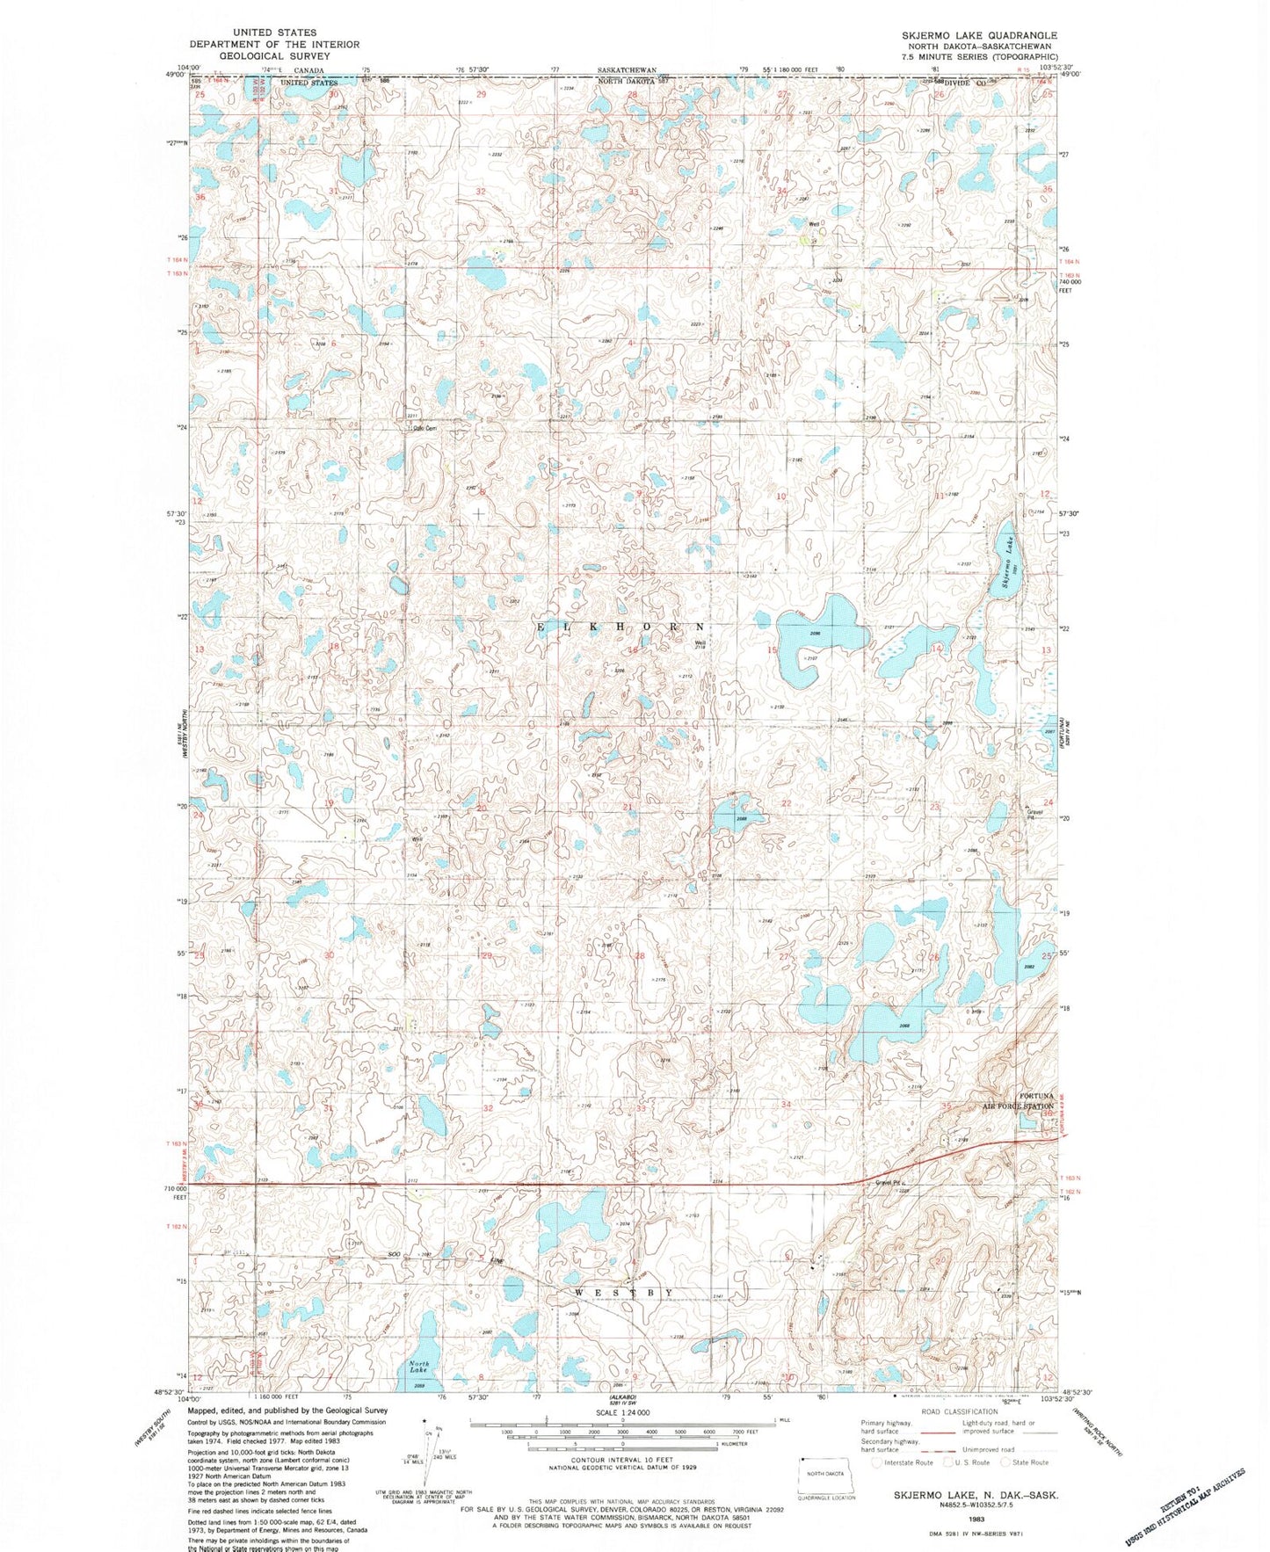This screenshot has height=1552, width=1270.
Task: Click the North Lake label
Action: tap(419, 1367)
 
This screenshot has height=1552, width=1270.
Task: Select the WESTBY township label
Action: tap(626, 1293)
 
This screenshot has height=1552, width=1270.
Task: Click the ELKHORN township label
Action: tap(620, 627)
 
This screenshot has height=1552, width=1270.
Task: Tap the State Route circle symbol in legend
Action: tap(1007, 1462)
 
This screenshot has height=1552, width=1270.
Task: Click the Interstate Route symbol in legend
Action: tap(875, 1462)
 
